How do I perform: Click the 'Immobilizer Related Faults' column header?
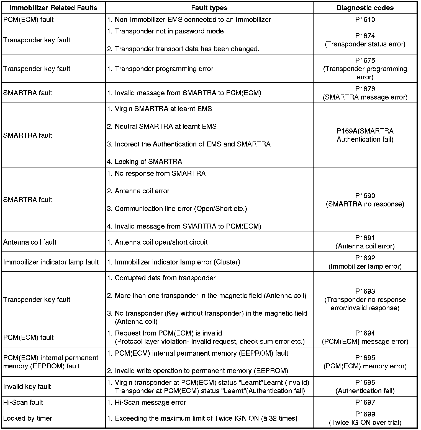53,8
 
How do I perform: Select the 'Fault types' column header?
209,8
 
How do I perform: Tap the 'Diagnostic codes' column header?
365,8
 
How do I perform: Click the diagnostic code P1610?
365,20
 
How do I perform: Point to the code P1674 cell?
365,40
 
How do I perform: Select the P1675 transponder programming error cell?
365,69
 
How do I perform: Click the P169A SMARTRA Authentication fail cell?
365,135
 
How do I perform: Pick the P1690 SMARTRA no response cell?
365,200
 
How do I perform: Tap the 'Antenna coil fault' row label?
30,242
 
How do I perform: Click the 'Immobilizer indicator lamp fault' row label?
51,262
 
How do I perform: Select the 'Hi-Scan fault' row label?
23,402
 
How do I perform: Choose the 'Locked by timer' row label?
28,418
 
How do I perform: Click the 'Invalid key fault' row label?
27,387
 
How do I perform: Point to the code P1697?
365,402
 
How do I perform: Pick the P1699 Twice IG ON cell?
365,418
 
